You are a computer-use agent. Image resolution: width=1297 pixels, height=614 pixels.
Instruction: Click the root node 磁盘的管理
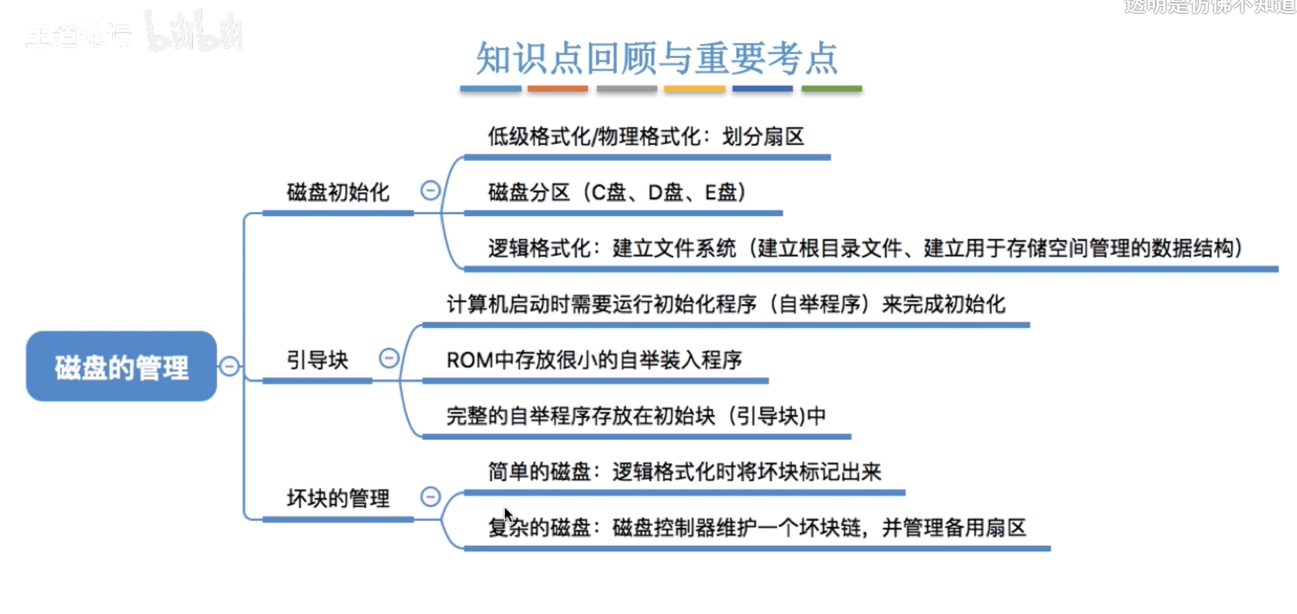tap(121, 366)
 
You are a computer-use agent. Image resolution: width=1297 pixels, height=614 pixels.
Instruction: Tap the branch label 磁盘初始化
tap(338, 192)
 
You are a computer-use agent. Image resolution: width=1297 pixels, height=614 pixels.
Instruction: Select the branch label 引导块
tap(317, 360)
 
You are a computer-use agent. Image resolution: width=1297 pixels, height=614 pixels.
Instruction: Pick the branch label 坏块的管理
tap(338, 498)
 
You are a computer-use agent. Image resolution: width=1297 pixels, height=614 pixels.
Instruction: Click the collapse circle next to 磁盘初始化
tap(430, 191)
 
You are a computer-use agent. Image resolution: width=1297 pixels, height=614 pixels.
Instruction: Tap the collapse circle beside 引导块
tap(389, 358)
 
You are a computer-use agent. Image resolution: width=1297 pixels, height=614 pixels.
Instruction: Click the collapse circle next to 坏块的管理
tap(430, 497)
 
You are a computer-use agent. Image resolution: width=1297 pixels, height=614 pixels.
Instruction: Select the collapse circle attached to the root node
tap(230, 366)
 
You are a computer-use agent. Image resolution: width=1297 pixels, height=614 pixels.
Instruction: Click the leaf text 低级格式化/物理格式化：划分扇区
tap(645, 137)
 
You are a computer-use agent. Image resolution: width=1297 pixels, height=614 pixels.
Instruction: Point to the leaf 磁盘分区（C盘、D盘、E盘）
tap(617, 192)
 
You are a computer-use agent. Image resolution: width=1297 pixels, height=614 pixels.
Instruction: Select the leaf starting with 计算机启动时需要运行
tap(726, 304)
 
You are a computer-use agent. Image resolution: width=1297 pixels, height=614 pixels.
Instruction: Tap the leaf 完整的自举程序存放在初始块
tap(636, 416)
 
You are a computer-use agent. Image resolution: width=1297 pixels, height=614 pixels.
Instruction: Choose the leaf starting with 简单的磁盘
tap(684, 471)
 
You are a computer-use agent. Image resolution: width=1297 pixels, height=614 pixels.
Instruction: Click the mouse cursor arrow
tap(507, 514)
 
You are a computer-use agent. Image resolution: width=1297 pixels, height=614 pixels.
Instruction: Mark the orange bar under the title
tap(558, 89)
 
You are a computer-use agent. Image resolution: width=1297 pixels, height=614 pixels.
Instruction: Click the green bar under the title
tap(832, 89)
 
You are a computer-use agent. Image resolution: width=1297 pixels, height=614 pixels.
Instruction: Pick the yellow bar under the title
tap(694, 89)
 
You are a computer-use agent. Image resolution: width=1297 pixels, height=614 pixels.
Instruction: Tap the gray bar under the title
tap(627, 89)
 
